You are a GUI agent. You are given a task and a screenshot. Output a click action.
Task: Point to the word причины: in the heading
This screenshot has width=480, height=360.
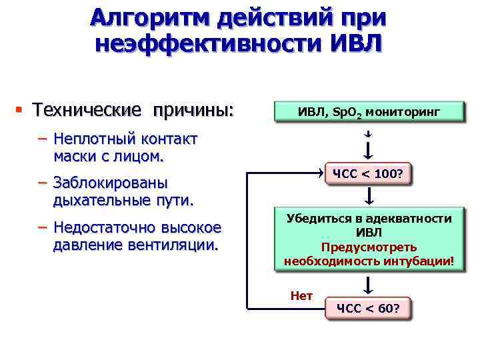pyautogui.click(x=193, y=109)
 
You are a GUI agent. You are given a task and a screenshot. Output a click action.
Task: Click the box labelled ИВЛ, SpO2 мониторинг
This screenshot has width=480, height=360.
pyautogui.click(x=369, y=112)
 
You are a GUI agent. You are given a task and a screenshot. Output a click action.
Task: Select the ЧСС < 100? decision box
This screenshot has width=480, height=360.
pyautogui.click(x=368, y=175)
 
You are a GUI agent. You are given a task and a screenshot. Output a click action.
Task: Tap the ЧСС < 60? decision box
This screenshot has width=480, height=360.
pyautogui.click(x=368, y=308)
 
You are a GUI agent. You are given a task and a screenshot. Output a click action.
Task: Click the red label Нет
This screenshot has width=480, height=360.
pyautogui.click(x=301, y=296)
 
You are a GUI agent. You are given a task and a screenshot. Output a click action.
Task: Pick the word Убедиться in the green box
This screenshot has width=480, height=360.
pyautogui.click(x=316, y=219)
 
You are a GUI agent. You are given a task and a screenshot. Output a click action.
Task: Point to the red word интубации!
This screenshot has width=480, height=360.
pyautogui.click(x=425, y=261)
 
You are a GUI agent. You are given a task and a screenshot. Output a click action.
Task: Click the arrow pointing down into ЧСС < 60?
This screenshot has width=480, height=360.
pyautogui.click(x=369, y=285)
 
